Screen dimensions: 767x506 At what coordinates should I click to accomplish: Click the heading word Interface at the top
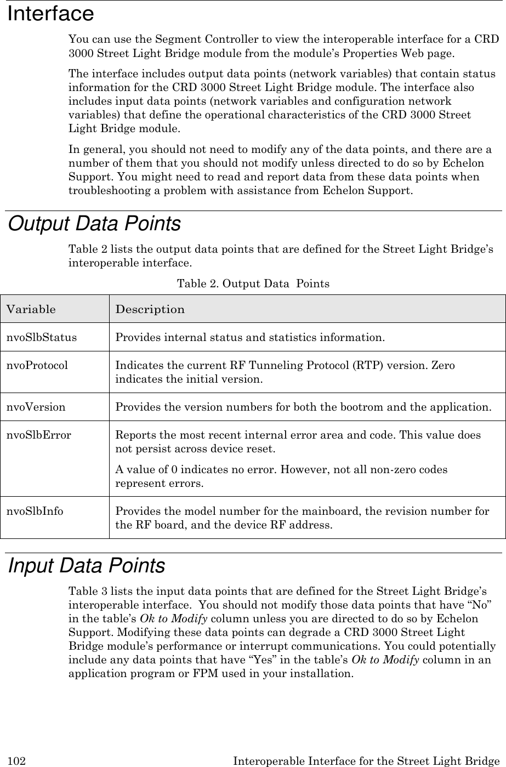50,13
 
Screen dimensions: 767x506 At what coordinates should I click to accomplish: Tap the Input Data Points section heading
87,565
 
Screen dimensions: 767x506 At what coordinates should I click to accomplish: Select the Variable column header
31,309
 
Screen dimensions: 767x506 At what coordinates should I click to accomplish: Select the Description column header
150,309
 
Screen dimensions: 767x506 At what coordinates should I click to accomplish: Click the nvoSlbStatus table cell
42,337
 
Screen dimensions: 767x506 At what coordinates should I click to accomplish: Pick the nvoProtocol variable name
37,365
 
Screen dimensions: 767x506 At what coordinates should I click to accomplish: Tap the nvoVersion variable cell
36,407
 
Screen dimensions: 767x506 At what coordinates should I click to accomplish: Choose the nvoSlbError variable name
38,435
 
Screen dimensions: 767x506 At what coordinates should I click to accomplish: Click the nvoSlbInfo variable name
35,512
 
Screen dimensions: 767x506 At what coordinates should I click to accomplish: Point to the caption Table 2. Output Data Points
253,284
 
